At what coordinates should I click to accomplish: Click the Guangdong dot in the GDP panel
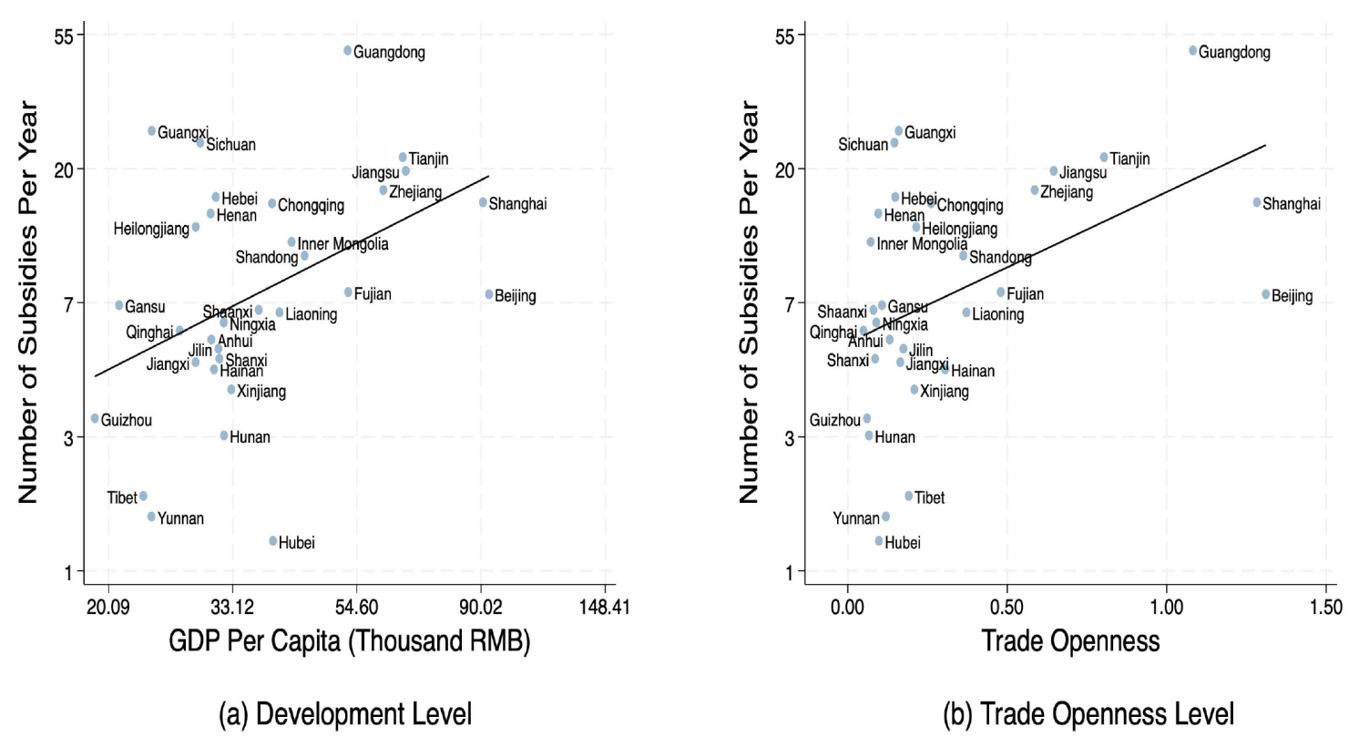click(x=348, y=51)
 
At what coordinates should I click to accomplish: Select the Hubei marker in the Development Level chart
click(x=273, y=541)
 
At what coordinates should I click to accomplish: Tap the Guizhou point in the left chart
click(x=95, y=419)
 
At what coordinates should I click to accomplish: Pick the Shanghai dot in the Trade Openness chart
click(x=1257, y=203)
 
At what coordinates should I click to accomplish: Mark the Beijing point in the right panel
click(x=1266, y=294)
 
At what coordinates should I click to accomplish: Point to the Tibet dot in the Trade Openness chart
click(x=909, y=496)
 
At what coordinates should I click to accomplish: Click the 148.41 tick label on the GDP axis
click(x=604, y=607)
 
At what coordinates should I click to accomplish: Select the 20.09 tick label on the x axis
click(x=108, y=607)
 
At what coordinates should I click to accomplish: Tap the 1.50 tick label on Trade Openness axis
click(x=1325, y=607)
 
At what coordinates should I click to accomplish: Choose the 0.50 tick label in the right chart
click(x=1006, y=607)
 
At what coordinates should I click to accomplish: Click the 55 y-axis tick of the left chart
click(x=63, y=36)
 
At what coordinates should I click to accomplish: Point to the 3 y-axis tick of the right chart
click(x=789, y=438)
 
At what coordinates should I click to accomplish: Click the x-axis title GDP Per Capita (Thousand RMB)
click(x=349, y=641)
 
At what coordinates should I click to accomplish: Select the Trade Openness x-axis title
click(x=1070, y=641)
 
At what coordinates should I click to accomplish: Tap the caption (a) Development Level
click(x=345, y=714)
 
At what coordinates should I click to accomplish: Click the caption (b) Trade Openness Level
click(x=1088, y=714)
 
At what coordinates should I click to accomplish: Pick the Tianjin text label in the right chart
click(x=1129, y=159)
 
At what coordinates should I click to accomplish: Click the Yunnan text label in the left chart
click(x=180, y=518)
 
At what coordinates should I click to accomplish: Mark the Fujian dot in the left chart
click(x=349, y=292)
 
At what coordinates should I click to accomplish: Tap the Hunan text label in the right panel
click(x=894, y=437)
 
